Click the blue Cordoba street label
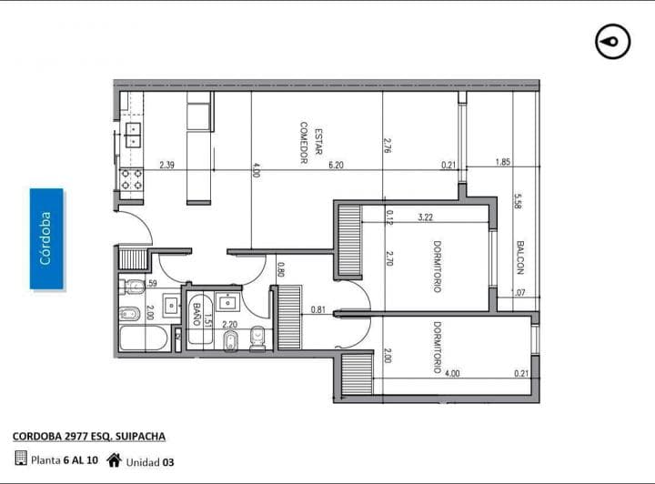46,238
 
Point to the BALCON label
519,257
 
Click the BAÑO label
196,315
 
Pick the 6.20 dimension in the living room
336,165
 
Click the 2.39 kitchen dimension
166,165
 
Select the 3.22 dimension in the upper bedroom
425,217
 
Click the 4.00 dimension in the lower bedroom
452,373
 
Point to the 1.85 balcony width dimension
502,163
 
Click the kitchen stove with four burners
132,178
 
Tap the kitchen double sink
133,136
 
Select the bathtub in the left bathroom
144,339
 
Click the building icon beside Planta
20,459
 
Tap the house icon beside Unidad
114,459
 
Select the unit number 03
168,461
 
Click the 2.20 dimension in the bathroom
229,325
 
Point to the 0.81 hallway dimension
317,309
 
